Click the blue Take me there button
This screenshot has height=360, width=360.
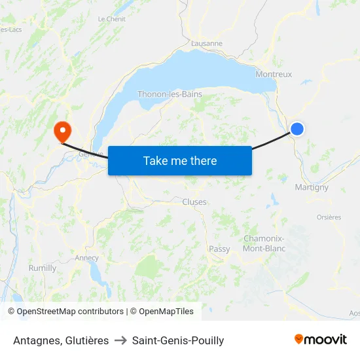(179, 160)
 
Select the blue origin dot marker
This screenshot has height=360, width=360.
(297, 129)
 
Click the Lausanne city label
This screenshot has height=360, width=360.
(207, 43)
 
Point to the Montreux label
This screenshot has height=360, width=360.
(274, 74)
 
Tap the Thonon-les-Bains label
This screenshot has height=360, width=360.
(170, 94)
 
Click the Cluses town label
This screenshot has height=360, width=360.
(194, 202)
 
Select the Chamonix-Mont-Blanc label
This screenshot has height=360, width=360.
(264, 243)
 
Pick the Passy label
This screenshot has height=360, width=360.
(219, 249)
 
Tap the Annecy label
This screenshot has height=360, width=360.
(86, 258)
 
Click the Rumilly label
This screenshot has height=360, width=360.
(43, 268)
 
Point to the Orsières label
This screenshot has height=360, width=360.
(329, 217)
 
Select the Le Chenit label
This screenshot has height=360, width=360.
(111, 19)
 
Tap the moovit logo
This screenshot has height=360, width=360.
(320, 339)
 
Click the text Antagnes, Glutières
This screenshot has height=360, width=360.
(61, 340)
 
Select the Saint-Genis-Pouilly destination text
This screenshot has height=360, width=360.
(178, 340)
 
